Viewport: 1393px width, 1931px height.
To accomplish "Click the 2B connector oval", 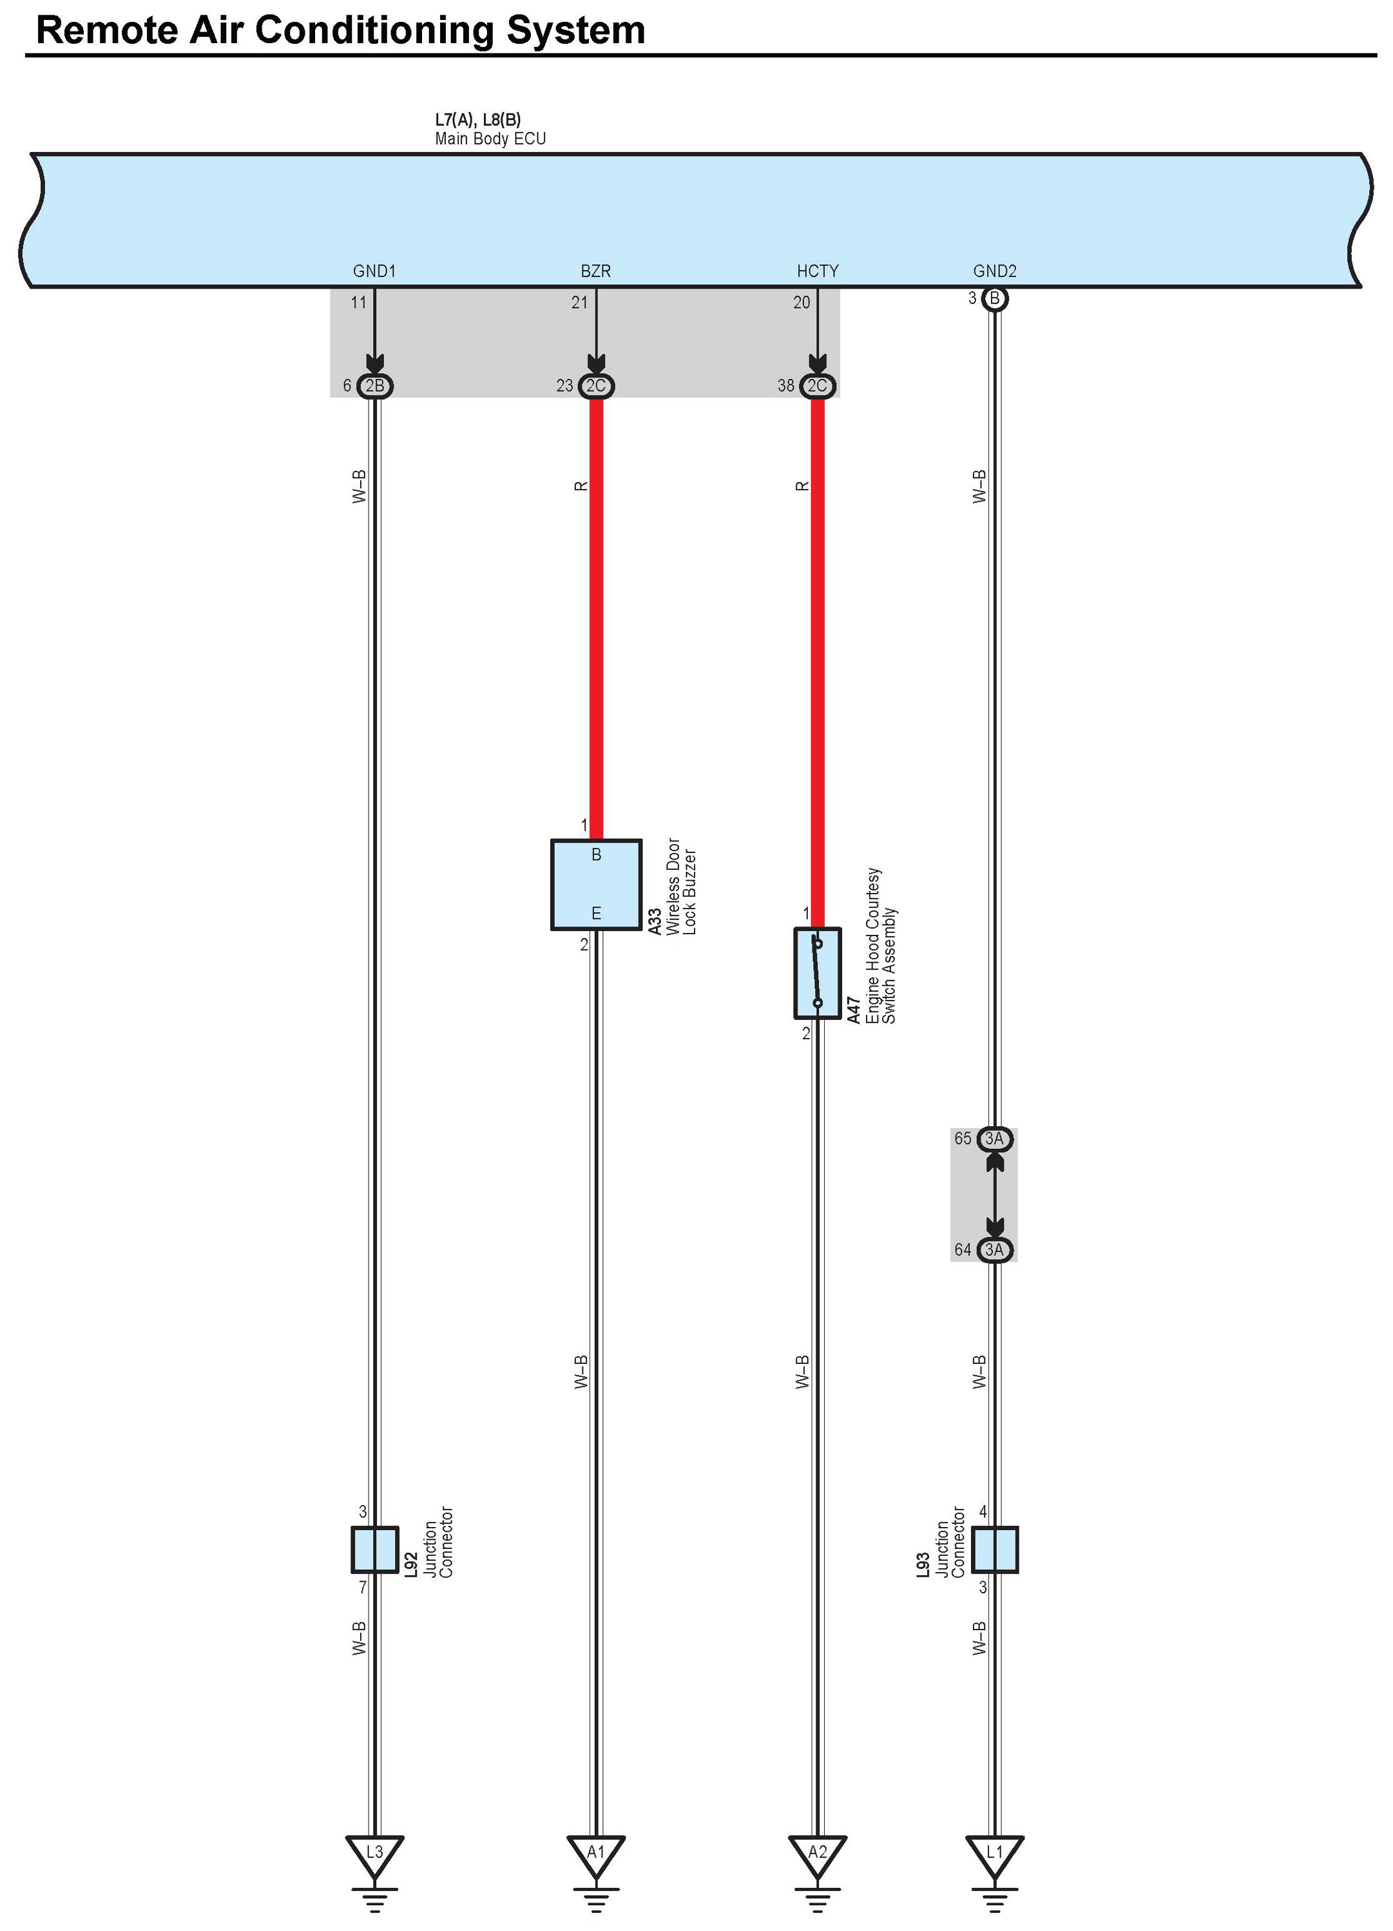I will pyautogui.click(x=374, y=386).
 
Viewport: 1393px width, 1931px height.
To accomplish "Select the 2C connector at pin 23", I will pyautogui.click(x=596, y=386).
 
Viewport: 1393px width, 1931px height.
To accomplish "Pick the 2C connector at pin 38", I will pyautogui.click(x=818, y=386).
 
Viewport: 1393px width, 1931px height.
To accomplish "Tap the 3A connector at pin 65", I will pyautogui.click(x=995, y=1138).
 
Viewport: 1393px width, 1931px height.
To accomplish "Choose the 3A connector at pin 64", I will pyautogui.click(x=995, y=1249).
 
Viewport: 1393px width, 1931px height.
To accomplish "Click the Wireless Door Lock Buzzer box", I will pyautogui.click(x=596, y=885).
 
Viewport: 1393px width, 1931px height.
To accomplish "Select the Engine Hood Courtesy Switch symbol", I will pyautogui.click(x=818, y=973).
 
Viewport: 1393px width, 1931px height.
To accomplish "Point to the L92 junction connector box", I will pyautogui.click(x=374, y=1550).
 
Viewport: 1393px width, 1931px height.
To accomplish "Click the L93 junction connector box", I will pyautogui.click(x=995, y=1550).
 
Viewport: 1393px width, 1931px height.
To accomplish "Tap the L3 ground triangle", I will pyautogui.click(x=374, y=1852).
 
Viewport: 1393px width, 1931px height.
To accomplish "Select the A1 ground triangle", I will pyautogui.click(x=596, y=1852).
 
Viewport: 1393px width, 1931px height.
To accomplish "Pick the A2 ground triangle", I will pyautogui.click(x=818, y=1852).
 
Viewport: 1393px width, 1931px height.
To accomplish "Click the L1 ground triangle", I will pyautogui.click(x=995, y=1852).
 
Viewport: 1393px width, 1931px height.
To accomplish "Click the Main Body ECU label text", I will pyautogui.click(x=490, y=139).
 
